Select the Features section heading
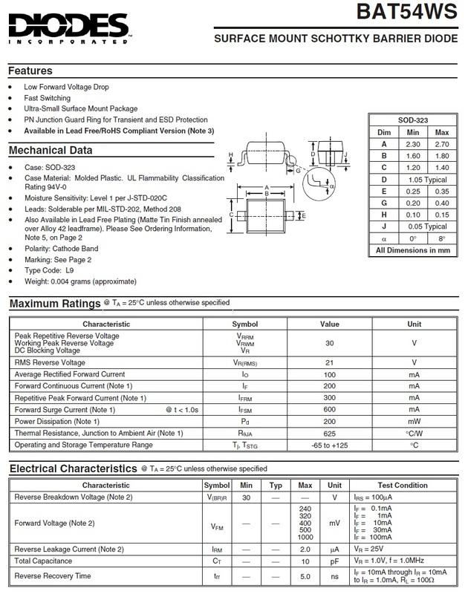point(30,71)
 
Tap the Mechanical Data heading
point(51,150)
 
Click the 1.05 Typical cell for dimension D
point(427,179)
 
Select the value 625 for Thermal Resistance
point(329,433)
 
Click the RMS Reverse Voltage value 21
point(329,362)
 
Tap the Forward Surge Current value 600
point(329,409)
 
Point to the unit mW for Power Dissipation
point(414,421)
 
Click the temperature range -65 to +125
point(329,445)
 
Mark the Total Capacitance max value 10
point(305,561)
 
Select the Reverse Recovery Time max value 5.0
point(305,575)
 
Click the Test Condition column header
point(403,486)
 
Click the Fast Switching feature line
point(48,98)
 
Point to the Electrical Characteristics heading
point(73,469)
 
